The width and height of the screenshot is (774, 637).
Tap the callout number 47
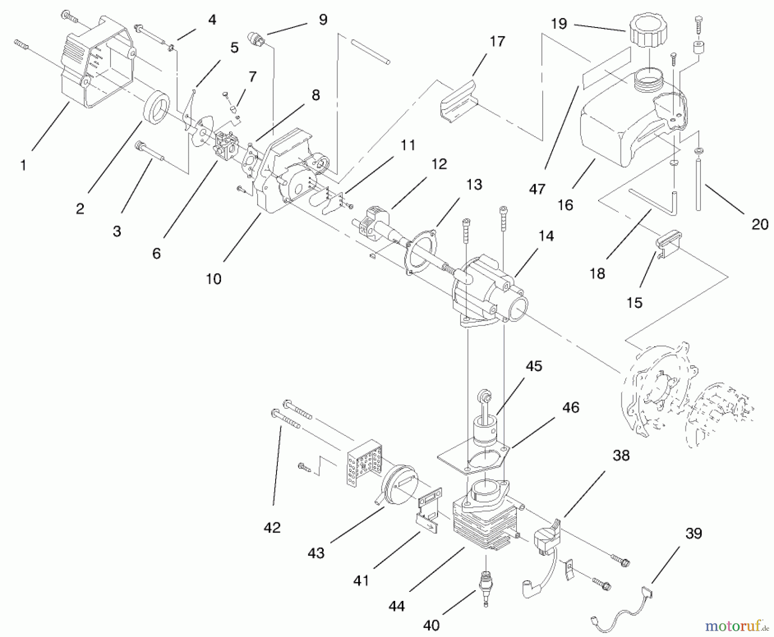[x=537, y=189]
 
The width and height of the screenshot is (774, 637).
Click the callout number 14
[x=546, y=236]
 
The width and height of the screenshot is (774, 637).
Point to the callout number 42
[x=272, y=527]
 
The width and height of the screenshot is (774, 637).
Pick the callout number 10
[x=213, y=279]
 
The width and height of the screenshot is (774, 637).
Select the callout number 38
[x=620, y=455]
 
